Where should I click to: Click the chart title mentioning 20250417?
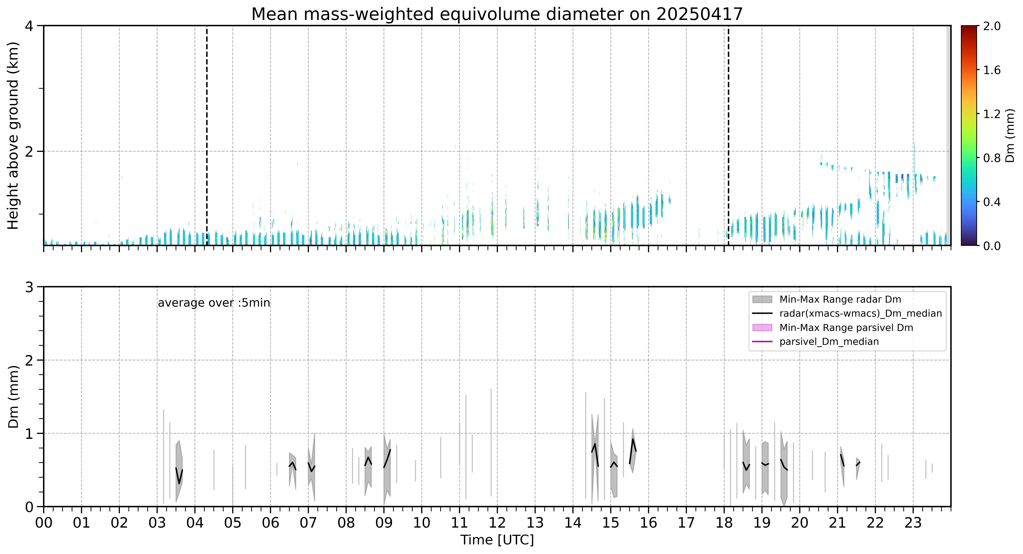[x=497, y=14]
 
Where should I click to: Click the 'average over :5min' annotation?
[x=214, y=303]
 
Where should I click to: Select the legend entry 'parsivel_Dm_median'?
[x=829, y=342]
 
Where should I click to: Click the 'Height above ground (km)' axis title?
[x=13, y=135]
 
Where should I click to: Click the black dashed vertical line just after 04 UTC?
[x=207, y=135]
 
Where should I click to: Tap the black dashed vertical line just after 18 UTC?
[x=728, y=135]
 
